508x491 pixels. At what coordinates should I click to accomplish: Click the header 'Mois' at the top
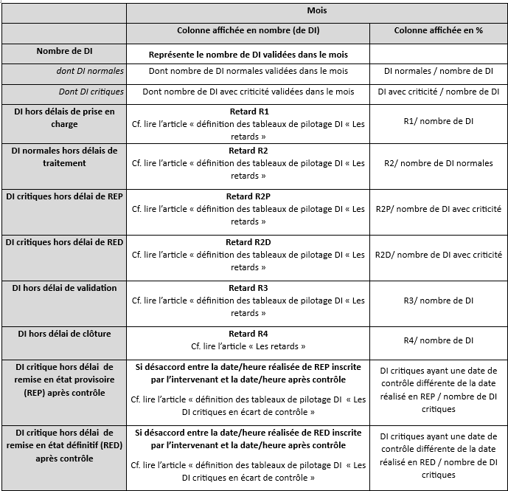pyautogui.click(x=316, y=11)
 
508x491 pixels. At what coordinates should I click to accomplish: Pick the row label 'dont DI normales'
pyautogui.click(x=90, y=71)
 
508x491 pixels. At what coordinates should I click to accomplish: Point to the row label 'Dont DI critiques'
pyautogui.click(x=91, y=92)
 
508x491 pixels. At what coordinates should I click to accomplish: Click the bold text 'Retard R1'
pyautogui.click(x=248, y=111)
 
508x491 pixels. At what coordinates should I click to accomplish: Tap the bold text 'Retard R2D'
pyautogui.click(x=248, y=241)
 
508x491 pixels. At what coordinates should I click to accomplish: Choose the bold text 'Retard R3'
pyautogui.click(x=248, y=288)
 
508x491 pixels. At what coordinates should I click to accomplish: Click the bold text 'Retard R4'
pyautogui.click(x=248, y=334)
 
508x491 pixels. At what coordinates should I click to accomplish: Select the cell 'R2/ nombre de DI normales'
pyautogui.click(x=439, y=163)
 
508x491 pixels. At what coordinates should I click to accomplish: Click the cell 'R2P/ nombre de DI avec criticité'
pyautogui.click(x=439, y=209)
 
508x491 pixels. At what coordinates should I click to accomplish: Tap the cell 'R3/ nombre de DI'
pyautogui.click(x=439, y=301)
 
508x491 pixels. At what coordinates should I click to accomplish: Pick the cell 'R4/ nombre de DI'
pyautogui.click(x=439, y=340)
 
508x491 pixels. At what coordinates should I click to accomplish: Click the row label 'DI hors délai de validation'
pyautogui.click(x=64, y=288)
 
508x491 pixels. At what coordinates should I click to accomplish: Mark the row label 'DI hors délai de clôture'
pyautogui.click(x=64, y=334)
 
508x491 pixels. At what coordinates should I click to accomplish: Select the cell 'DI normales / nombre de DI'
pyautogui.click(x=439, y=71)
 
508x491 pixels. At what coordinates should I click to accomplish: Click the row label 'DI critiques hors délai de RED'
pyautogui.click(x=64, y=241)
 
